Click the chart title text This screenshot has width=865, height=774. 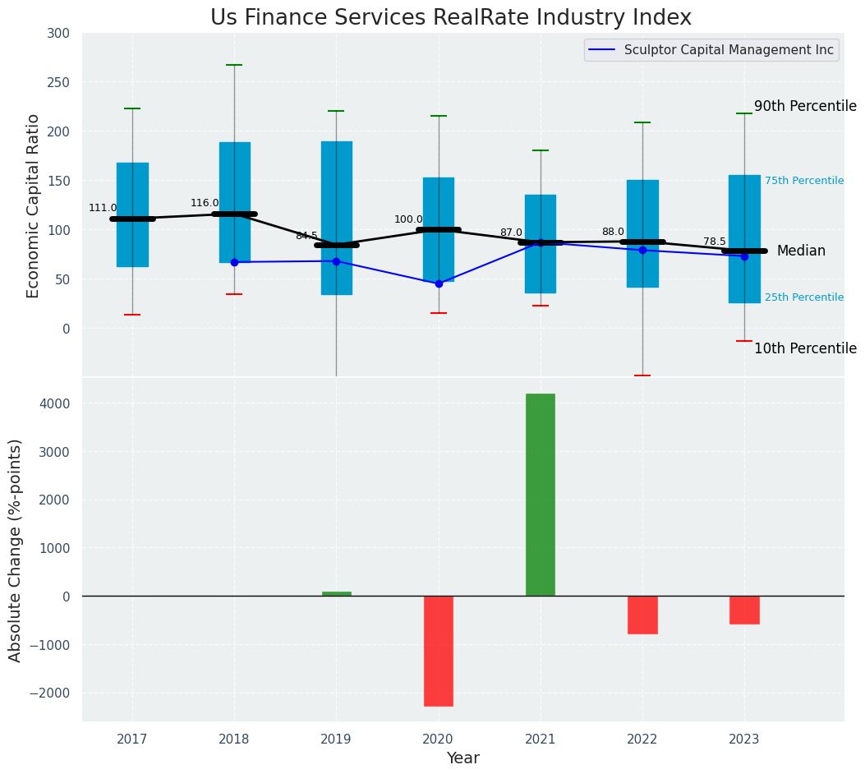point(451,18)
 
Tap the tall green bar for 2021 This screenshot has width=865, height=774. point(541,495)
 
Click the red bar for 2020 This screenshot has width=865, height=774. point(439,651)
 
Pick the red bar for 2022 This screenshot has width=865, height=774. point(642,615)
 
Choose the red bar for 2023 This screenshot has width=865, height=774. point(744,610)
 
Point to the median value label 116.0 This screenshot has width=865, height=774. point(205,203)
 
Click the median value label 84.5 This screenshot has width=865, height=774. point(306,236)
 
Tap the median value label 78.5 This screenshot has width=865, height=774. point(715,242)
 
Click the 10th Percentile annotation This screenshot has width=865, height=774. point(805,348)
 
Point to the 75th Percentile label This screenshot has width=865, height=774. point(804,181)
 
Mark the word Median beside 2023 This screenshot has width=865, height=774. point(801,251)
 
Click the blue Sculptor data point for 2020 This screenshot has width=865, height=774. point(439,283)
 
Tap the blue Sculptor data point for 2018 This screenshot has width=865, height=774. point(234,262)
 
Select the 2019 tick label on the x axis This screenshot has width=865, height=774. point(336,739)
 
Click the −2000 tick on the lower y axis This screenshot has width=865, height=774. point(49,693)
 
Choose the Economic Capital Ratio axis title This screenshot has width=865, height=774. point(34,205)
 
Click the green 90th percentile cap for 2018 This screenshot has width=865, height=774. point(234,65)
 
